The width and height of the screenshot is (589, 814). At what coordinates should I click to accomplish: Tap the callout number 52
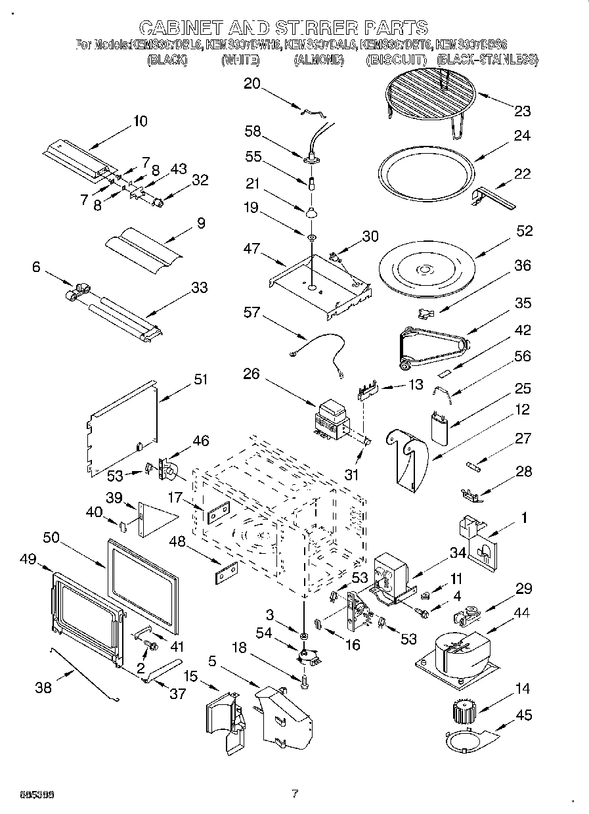coord(523,231)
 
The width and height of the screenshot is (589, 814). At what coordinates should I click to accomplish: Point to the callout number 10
coord(139,121)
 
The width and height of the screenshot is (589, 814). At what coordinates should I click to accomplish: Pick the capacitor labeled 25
coord(439,428)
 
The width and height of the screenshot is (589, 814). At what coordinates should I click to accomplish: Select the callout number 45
coord(523,715)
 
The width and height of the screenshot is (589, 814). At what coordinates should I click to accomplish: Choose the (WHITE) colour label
coord(240,60)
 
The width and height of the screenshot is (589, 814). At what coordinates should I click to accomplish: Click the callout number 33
coord(199,287)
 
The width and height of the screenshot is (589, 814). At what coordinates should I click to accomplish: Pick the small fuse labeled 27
coord(475,467)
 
